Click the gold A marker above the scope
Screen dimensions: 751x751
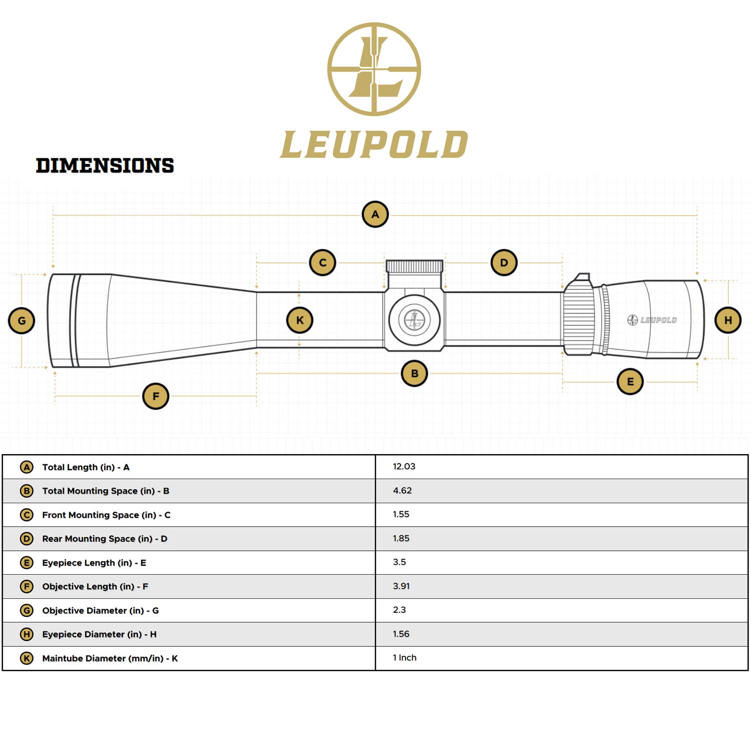(x=375, y=214)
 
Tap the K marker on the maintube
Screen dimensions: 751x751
(x=299, y=320)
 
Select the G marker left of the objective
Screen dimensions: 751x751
(x=22, y=321)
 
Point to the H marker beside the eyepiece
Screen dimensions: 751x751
(x=728, y=320)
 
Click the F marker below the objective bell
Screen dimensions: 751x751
(x=156, y=396)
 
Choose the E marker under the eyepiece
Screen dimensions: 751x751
(x=630, y=382)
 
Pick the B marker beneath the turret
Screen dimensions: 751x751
(x=415, y=373)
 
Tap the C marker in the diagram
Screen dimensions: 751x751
(x=322, y=262)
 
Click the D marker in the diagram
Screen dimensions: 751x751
(x=504, y=262)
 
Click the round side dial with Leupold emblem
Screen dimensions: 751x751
(x=415, y=319)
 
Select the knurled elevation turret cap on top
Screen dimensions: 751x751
(x=415, y=266)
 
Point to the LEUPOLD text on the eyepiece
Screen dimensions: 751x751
(x=658, y=320)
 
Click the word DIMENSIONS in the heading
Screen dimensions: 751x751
(x=105, y=166)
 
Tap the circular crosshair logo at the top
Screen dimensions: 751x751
(x=374, y=69)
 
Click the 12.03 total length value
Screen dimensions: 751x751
(x=404, y=467)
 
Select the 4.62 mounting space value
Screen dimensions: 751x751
(x=402, y=491)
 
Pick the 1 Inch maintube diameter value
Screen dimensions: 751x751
(x=405, y=658)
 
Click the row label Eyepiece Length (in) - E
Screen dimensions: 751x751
(x=94, y=563)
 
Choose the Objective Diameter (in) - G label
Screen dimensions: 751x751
(x=100, y=611)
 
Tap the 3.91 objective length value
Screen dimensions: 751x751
(x=401, y=586)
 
